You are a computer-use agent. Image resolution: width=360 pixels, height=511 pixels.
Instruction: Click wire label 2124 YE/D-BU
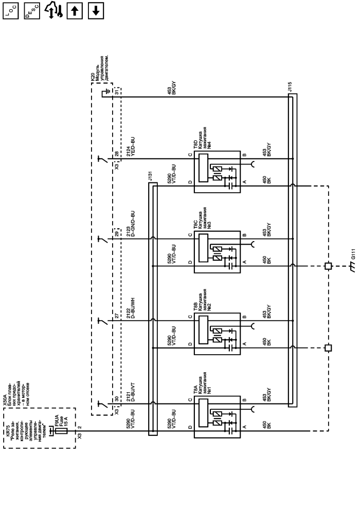coord(129,145)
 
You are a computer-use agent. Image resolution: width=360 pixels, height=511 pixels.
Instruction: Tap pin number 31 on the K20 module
coord(117,92)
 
